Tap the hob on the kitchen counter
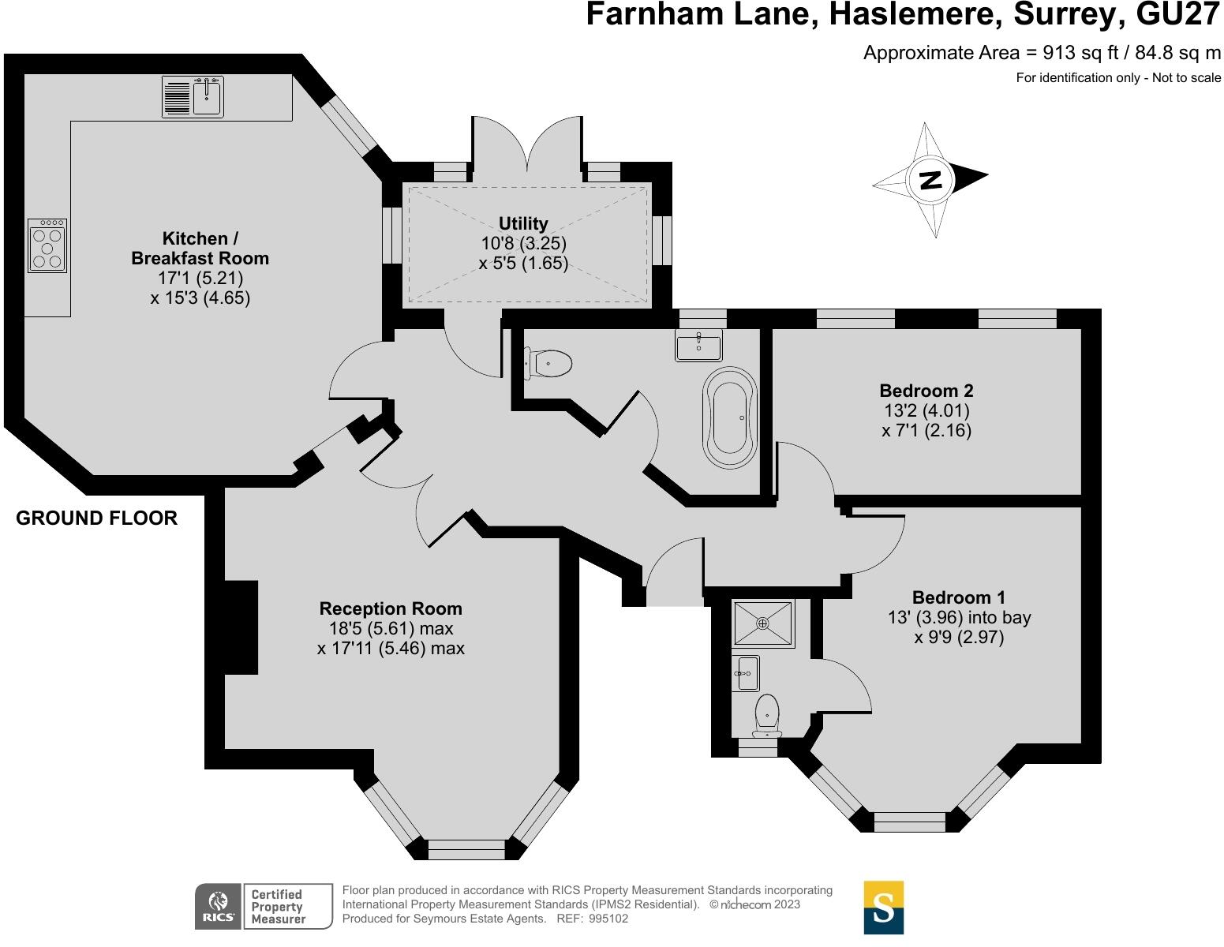(x=47, y=246)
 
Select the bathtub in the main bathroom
(x=731, y=417)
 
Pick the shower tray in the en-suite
(x=762, y=623)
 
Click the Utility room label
(x=523, y=223)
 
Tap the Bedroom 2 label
(x=926, y=391)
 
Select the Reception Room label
(x=391, y=608)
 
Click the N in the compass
(x=931, y=180)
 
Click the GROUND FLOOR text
(x=96, y=518)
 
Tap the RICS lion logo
(x=218, y=905)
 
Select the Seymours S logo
(x=884, y=908)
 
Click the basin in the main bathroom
(x=698, y=345)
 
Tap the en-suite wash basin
(x=746, y=673)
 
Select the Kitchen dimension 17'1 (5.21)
(x=200, y=279)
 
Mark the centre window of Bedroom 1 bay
(x=910, y=822)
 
